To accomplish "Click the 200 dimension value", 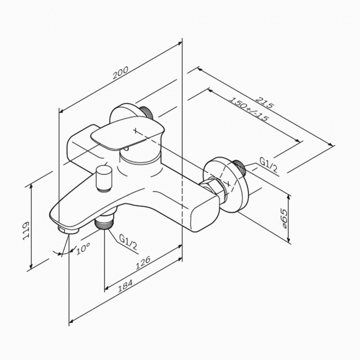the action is [x=120, y=73].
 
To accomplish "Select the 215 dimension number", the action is [x=265, y=102].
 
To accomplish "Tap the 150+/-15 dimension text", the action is [x=249, y=109].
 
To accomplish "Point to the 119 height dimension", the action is [x=26, y=231].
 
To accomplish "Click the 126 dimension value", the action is [x=143, y=262].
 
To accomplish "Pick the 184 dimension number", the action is [x=125, y=286].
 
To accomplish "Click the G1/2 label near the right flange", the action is [x=269, y=165].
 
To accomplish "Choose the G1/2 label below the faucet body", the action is [x=128, y=243].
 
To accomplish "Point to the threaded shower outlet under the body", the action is [x=105, y=222].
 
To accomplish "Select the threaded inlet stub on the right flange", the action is [x=239, y=167].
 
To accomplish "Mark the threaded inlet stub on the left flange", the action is [x=146, y=113].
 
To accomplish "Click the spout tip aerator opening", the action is [x=68, y=230].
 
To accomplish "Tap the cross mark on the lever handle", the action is [x=136, y=131].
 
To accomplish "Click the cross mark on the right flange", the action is [x=228, y=183].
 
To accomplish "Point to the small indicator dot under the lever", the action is [x=126, y=150].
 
